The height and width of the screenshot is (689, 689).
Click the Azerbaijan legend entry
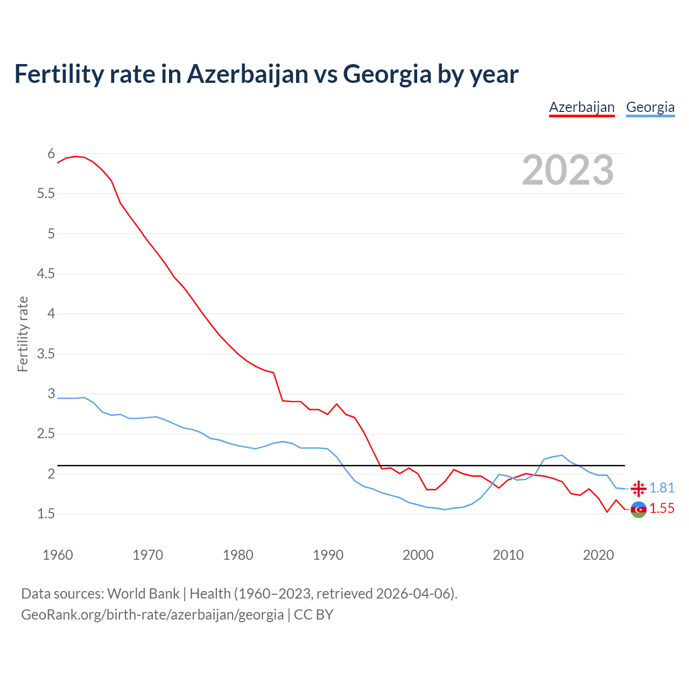coord(581,107)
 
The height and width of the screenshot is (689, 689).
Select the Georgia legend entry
coord(650,107)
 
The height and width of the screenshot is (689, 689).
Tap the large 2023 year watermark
coord(568,170)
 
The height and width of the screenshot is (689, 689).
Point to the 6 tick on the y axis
coord(51,154)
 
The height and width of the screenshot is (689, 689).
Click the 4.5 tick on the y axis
coord(46,274)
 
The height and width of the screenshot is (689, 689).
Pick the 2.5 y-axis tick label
coord(46,434)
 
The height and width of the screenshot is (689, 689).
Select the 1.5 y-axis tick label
coord(46,514)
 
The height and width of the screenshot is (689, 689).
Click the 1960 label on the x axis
coord(58,555)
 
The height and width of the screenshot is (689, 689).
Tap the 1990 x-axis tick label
coord(328,555)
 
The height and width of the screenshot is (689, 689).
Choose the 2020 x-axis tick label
coord(598,555)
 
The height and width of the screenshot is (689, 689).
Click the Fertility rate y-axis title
coord(23,334)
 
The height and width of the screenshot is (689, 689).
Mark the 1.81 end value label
coord(662,488)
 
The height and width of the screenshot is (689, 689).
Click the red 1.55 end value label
coord(662,509)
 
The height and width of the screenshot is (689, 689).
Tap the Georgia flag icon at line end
coord(638,488)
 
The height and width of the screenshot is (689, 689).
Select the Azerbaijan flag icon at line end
coord(638,509)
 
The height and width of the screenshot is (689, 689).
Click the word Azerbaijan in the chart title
coord(248,74)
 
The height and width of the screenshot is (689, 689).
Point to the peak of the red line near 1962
coord(75,156)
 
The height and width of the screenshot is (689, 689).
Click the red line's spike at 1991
coord(336,404)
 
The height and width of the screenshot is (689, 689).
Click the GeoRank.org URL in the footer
coord(152,614)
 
